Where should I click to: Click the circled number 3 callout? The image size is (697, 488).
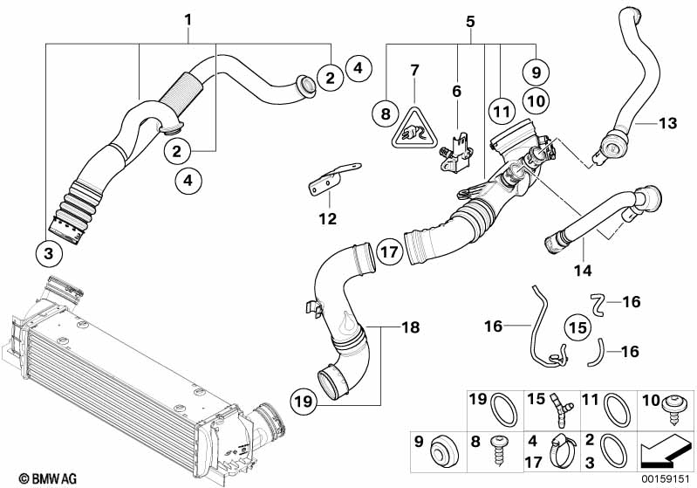(x=49, y=253)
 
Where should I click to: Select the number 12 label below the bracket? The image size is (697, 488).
(x=328, y=219)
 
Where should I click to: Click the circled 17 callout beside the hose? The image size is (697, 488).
(x=389, y=252)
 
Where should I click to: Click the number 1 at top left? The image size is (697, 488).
(x=188, y=20)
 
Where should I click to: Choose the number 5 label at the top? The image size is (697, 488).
(x=470, y=21)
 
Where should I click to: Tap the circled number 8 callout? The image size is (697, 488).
(x=386, y=113)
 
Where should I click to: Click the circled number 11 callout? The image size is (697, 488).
(x=502, y=111)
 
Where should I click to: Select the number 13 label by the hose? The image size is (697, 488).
(x=667, y=123)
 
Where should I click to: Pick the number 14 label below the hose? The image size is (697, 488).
(x=583, y=270)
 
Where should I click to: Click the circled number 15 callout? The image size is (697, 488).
(x=578, y=328)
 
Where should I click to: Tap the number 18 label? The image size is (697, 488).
(x=410, y=327)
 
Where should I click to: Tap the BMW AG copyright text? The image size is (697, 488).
(x=48, y=478)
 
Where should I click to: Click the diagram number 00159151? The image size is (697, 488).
(x=665, y=479)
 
